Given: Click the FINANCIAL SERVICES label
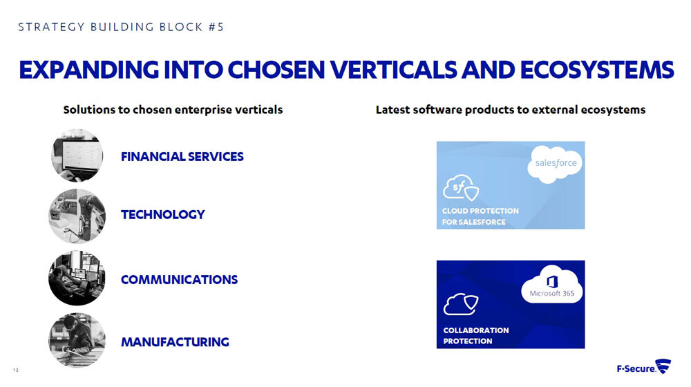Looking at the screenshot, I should (x=182, y=157).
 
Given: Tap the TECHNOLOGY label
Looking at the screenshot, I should (x=162, y=215).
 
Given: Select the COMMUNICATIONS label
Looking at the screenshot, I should (x=179, y=280).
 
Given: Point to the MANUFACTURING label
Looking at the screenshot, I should (x=175, y=342).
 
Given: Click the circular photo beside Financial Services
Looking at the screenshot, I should (x=77, y=155).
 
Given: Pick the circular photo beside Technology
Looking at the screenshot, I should (x=77, y=216).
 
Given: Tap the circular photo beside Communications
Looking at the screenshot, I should (x=77, y=279).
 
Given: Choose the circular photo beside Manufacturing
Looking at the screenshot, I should (x=77, y=340).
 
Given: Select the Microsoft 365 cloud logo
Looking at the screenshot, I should (x=551, y=287).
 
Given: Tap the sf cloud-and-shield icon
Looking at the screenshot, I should (x=461, y=188).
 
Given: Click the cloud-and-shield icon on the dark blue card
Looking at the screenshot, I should (x=461, y=303).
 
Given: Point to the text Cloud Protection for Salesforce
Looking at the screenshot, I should (x=480, y=216).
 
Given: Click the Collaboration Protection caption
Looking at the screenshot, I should (x=475, y=335).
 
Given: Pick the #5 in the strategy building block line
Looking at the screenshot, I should (x=215, y=28).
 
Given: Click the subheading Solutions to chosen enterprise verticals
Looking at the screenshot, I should (x=173, y=110).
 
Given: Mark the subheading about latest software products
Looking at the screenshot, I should (x=510, y=110).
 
